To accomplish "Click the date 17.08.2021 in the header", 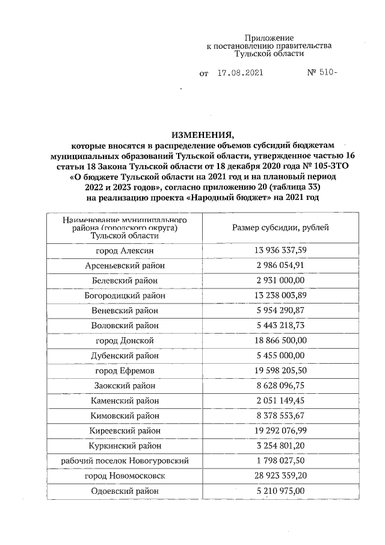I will [239, 73].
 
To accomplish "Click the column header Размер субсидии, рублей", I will [280, 227].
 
